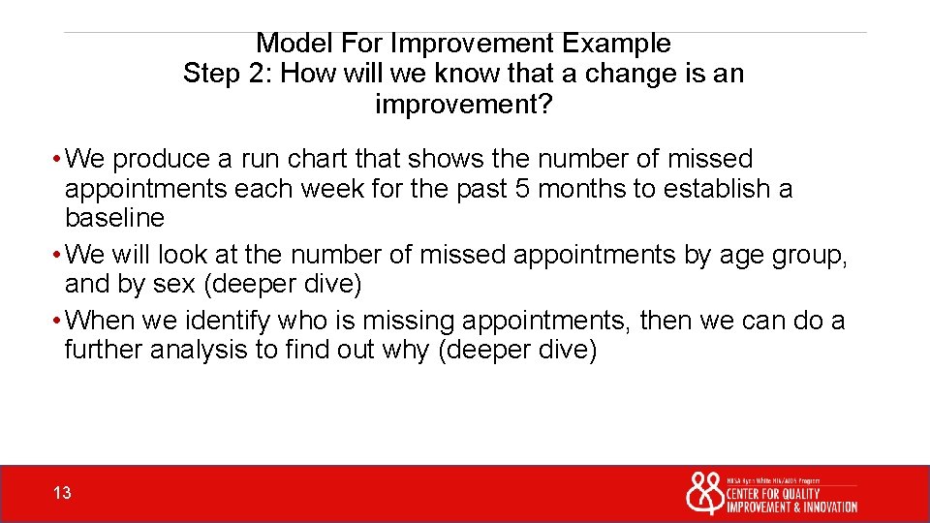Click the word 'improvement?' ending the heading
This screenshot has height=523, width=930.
[x=463, y=105]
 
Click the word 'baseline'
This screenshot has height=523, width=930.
[x=114, y=217]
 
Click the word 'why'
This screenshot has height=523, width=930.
[x=407, y=350]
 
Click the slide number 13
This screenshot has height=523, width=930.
[x=62, y=494]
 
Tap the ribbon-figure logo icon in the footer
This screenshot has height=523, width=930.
[x=704, y=493]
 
